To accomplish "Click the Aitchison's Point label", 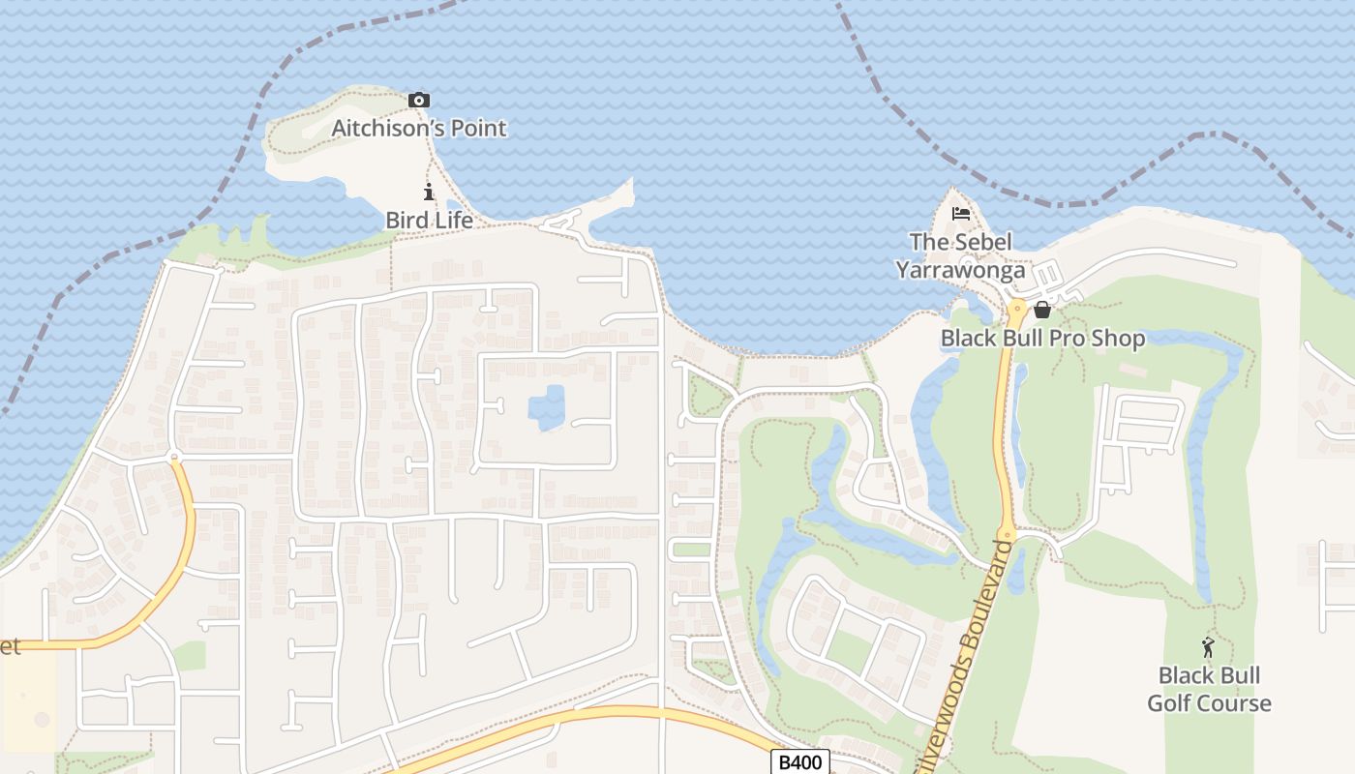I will click(418, 128).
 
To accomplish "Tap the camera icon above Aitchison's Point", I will click(418, 100).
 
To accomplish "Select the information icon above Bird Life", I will click(429, 192).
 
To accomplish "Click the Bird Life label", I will click(429, 220).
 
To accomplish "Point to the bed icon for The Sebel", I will click(960, 214).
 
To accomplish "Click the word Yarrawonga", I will click(959, 270).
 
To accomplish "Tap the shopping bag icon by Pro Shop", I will click(1042, 310).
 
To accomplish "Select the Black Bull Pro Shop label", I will click(1042, 338).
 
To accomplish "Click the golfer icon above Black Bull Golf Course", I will click(1208, 646).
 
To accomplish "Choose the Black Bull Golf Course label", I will click(1209, 689).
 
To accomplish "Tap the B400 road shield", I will click(800, 762).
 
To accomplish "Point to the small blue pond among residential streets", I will click(547, 407).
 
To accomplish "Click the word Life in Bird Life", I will click(452, 220).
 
